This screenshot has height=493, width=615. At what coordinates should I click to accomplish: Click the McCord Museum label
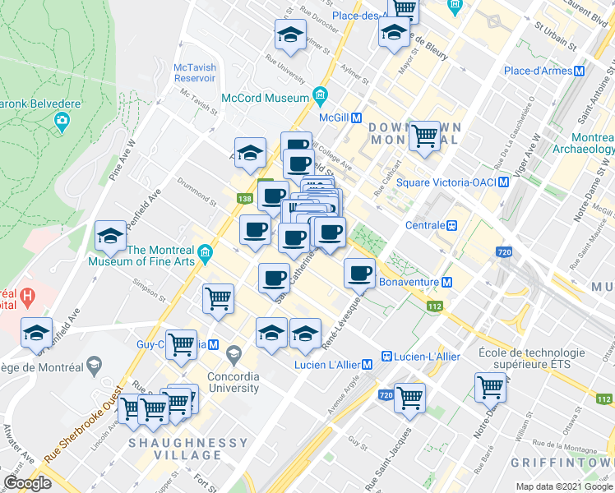tap(265, 97)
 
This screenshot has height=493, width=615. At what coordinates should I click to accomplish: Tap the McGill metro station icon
tap(357, 117)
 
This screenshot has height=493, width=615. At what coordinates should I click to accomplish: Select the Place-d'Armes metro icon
tap(580, 71)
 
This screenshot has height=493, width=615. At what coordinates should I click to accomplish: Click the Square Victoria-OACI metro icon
tap(502, 182)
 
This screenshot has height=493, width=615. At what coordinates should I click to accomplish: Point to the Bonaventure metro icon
tap(446, 282)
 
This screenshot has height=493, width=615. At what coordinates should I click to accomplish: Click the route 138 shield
tap(245, 199)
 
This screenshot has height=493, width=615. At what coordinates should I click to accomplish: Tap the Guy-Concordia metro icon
tap(212, 344)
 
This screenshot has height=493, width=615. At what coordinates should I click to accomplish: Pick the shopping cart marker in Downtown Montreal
tap(424, 136)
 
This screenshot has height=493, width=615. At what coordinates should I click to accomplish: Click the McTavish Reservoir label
tap(195, 71)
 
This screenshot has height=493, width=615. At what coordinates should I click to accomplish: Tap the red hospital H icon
tap(27, 294)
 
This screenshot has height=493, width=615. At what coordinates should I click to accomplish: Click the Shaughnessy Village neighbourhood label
tap(187, 443)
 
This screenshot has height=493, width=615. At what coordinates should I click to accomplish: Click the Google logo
tap(27, 483)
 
